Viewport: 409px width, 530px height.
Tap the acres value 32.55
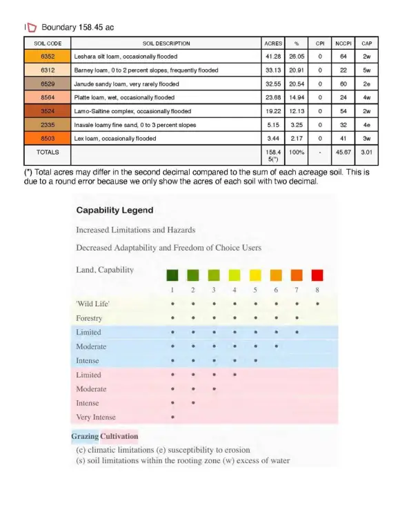pos(273,84)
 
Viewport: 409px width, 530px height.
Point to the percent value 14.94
pos(297,97)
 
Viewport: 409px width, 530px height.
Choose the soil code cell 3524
pos(48,111)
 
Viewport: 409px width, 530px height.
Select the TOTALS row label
pos(48,151)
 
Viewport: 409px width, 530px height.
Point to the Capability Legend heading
pos(114,210)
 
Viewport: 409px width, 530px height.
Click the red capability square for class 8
pos(317,275)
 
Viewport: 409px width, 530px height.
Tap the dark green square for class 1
pos(172,275)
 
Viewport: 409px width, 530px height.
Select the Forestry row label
pos(89,318)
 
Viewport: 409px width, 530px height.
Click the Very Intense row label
pos(96,417)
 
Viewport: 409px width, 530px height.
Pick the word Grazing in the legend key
pos(85,436)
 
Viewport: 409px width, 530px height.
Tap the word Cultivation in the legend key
pos(119,436)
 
